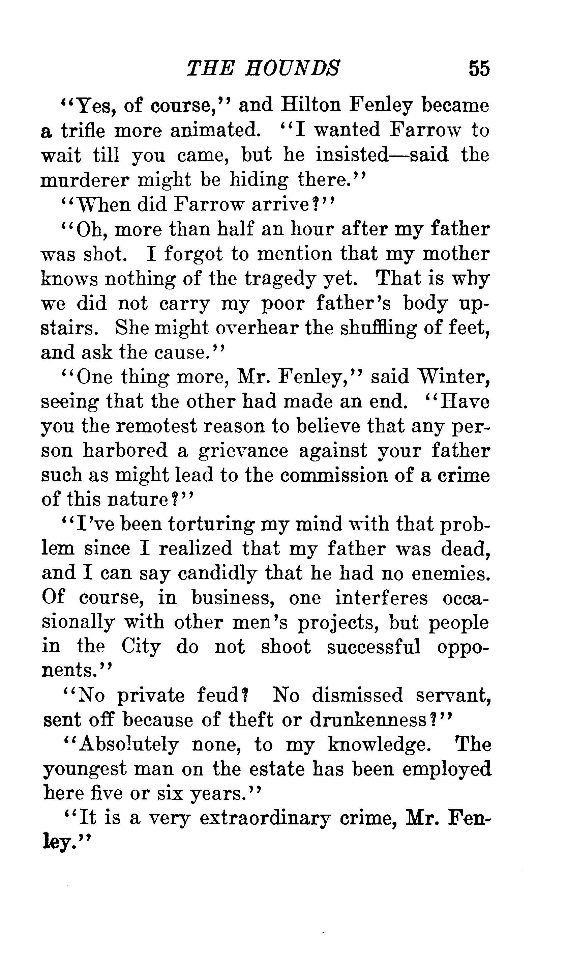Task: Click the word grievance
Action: (x=243, y=451)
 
